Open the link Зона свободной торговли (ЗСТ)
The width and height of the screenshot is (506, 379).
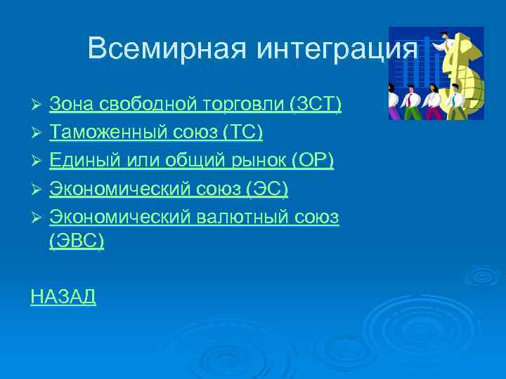pos(195,105)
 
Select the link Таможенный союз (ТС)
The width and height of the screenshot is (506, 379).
pos(155,133)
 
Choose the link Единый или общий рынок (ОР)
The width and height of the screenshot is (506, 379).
pos(191,161)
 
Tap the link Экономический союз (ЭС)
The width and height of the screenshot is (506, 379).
pos(169,189)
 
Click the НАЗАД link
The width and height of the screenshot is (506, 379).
pos(63,297)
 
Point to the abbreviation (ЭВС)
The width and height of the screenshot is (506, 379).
pos(77,241)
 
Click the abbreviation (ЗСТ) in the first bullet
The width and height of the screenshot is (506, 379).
pos(315,105)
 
